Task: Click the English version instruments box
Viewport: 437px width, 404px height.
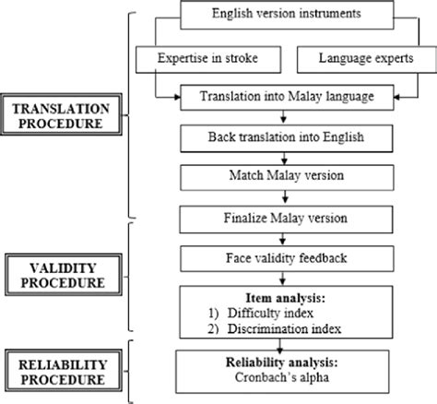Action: click(x=285, y=14)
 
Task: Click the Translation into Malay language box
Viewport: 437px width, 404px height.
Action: click(x=285, y=95)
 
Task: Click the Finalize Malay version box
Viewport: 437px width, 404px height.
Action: click(x=285, y=219)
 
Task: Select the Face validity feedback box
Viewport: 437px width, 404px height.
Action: click(x=285, y=259)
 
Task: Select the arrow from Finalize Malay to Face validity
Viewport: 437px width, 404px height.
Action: click(x=285, y=239)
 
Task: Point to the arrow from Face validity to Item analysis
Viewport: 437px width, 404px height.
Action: click(x=285, y=279)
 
